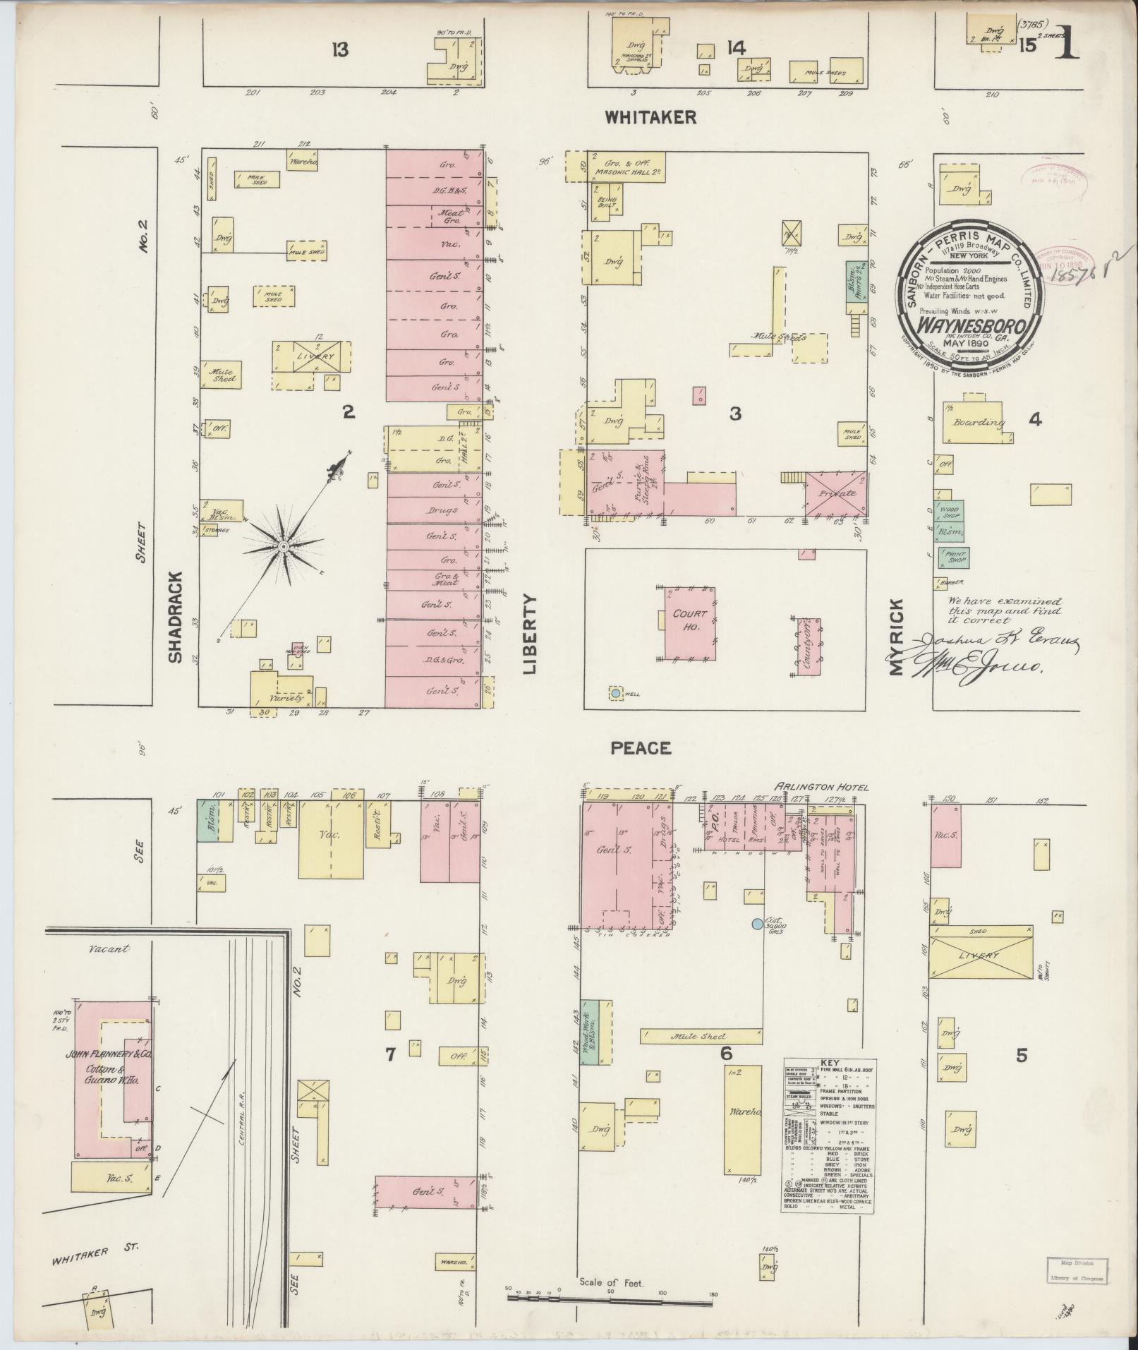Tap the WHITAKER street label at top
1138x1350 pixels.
click(x=650, y=118)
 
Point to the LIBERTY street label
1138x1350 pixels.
click(x=530, y=634)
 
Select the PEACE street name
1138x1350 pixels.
click(x=641, y=748)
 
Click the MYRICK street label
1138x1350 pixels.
click(x=896, y=637)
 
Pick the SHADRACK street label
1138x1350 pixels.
click(x=174, y=616)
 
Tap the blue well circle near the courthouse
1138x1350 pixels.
click(x=616, y=694)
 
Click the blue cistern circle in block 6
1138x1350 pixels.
click(x=757, y=923)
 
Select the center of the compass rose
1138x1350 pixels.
click(x=282, y=547)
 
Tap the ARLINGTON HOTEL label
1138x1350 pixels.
click(x=821, y=787)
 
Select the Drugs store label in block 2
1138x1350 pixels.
click(x=442, y=510)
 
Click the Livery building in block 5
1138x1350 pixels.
click(x=980, y=956)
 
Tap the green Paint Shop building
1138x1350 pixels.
click(x=952, y=558)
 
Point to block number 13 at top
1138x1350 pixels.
click(x=341, y=50)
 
